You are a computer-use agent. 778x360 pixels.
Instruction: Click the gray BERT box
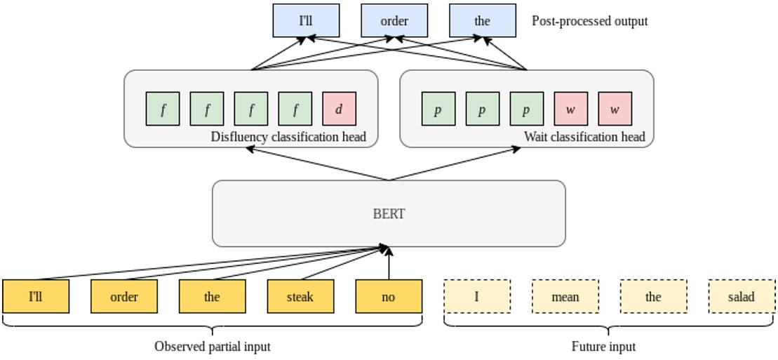click(x=389, y=213)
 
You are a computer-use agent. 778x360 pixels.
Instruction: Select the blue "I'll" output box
click(x=306, y=20)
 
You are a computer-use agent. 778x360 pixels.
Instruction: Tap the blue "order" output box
click(x=394, y=20)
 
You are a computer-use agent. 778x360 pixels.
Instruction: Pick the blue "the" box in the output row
click(x=482, y=20)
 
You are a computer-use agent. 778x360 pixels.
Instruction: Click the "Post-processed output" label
click(x=589, y=21)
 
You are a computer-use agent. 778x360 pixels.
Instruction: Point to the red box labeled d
click(x=340, y=109)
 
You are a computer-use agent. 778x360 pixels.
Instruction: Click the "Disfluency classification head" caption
click(x=288, y=137)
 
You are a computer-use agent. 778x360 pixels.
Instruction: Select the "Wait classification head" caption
click(x=584, y=137)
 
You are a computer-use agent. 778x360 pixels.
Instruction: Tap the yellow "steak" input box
click(x=300, y=296)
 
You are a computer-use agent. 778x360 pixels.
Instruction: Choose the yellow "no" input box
click(x=389, y=296)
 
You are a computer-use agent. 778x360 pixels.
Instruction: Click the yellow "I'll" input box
click(x=36, y=296)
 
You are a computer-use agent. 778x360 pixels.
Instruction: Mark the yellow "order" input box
click(x=124, y=296)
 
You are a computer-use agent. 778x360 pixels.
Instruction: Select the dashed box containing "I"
click(x=477, y=296)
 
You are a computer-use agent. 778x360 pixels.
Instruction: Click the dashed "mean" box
click(x=565, y=296)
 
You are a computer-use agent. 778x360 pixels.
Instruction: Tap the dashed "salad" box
click(x=742, y=296)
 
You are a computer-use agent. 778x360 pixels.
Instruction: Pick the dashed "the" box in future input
click(x=653, y=296)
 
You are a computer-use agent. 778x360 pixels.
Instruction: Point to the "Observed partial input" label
click(x=212, y=347)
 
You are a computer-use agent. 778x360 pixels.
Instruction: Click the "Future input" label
click(x=604, y=347)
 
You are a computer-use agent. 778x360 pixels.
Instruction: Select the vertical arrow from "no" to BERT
click(x=389, y=265)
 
